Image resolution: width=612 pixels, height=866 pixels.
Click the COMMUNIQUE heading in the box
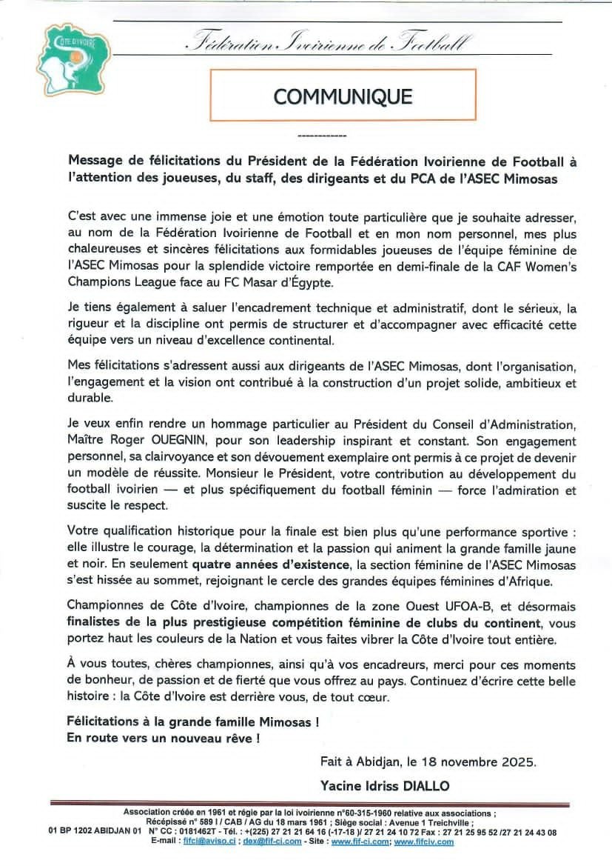343,96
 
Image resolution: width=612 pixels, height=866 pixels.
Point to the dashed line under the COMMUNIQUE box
321,137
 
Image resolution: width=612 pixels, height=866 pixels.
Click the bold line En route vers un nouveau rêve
164,738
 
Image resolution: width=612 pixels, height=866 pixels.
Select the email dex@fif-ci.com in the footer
272,841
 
